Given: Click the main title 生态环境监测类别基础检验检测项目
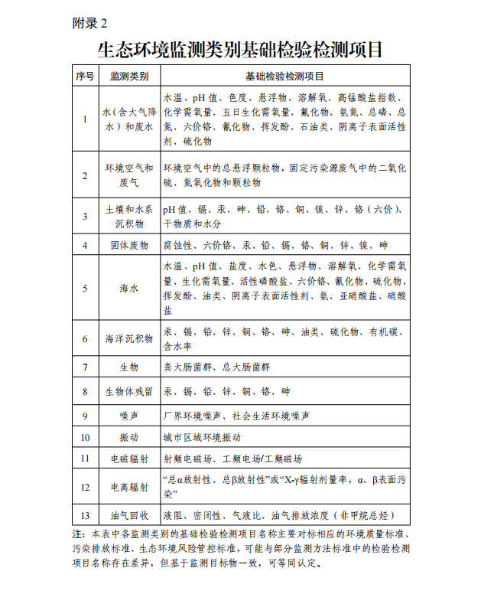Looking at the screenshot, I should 240,50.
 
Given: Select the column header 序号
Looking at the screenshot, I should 85,77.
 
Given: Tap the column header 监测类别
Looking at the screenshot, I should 129,77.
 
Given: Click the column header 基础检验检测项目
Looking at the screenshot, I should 284,77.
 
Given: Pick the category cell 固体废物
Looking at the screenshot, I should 129,246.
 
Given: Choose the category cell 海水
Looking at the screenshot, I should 129,289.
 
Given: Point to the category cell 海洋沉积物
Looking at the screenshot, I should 129,338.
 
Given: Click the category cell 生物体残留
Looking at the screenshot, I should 129,391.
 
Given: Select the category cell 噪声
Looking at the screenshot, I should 129,416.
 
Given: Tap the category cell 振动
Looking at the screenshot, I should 129,437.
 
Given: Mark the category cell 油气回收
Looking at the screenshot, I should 129,516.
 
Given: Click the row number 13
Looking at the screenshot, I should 85,516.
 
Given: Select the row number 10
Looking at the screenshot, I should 85,437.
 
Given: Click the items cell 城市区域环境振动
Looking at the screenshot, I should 202,437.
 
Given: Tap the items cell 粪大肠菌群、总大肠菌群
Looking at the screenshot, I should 217,367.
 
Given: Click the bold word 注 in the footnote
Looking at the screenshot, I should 76,534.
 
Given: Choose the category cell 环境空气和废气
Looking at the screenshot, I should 129,175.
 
